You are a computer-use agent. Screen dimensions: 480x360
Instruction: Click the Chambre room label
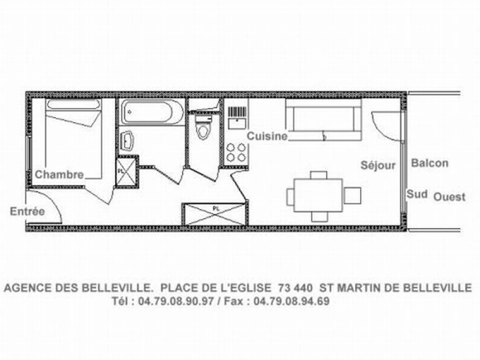pyautogui.click(x=59, y=174)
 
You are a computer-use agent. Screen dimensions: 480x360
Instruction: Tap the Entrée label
pyautogui.click(x=27, y=211)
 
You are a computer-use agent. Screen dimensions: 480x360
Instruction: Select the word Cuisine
pyautogui.click(x=267, y=136)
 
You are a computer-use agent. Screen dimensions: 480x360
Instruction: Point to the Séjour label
pyautogui.click(x=378, y=166)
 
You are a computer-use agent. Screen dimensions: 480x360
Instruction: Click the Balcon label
pyautogui.click(x=430, y=163)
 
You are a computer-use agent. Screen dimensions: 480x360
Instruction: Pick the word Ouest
pyautogui.click(x=450, y=197)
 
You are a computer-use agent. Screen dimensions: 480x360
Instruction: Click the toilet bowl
pyautogui.click(x=203, y=128)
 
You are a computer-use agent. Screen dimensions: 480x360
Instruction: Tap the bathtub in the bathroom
pyautogui.click(x=152, y=112)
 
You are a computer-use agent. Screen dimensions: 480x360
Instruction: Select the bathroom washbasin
pyautogui.click(x=127, y=141)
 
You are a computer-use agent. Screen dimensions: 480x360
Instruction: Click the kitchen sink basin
pyautogui.click(x=237, y=124)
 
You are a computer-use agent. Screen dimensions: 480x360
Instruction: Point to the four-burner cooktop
pyautogui.click(x=236, y=152)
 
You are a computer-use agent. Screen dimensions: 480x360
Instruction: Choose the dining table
pyautogui.click(x=318, y=195)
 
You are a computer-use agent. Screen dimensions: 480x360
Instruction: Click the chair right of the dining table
pyautogui.click(x=352, y=196)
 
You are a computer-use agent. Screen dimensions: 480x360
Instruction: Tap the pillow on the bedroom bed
pyautogui.click(x=73, y=104)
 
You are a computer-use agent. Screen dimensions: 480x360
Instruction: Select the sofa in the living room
pyautogui.click(x=324, y=120)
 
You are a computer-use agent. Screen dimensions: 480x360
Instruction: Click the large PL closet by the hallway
pyautogui.click(x=215, y=214)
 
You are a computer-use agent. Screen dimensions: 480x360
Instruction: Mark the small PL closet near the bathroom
pyautogui.click(x=127, y=171)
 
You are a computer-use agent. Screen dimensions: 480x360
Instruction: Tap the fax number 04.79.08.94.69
pyautogui.click(x=292, y=301)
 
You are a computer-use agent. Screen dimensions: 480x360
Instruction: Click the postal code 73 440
pyautogui.click(x=295, y=288)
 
